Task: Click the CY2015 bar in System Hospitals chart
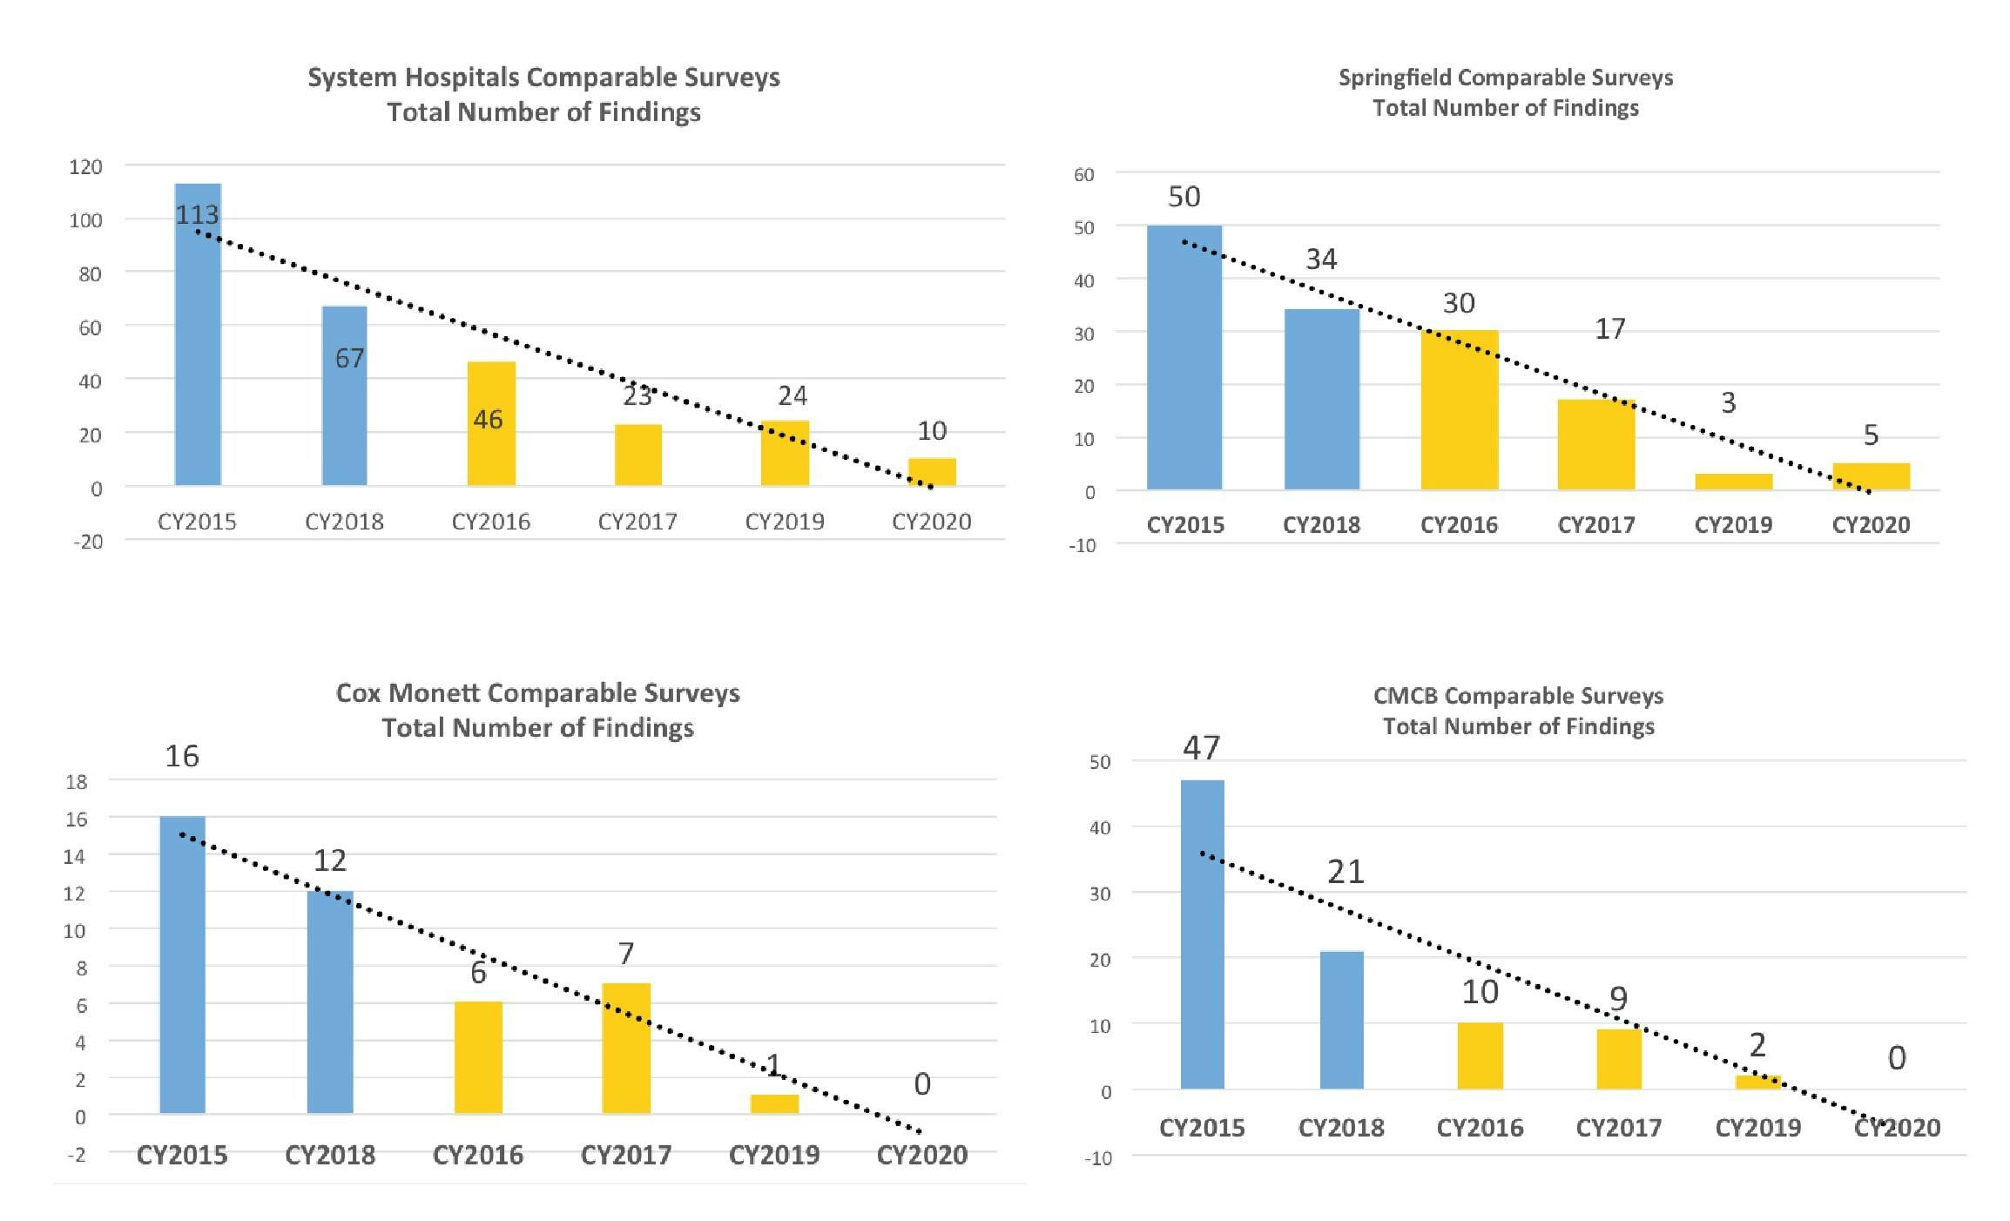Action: [198, 348]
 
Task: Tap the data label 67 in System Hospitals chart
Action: [349, 358]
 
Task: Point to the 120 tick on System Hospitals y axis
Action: [85, 166]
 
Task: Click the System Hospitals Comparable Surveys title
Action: [543, 94]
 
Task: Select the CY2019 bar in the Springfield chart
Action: [1733, 482]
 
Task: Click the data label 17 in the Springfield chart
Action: [1609, 328]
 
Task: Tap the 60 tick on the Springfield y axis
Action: [1083, 174]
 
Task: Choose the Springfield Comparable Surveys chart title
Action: [1506, 92]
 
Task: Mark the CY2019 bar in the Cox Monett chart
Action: [774, 1103]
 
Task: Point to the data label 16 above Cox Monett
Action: [182, 756]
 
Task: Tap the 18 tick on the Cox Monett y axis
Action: [77, 781]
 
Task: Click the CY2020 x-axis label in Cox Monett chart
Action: [921, 1155]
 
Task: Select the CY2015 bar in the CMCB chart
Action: [1202, 934]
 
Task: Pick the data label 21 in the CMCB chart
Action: [1346, 872]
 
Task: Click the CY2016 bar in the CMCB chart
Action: [1480, 1056]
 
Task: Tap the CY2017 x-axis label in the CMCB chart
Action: [1618, 1128]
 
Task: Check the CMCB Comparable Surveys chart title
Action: [1518, 711]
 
